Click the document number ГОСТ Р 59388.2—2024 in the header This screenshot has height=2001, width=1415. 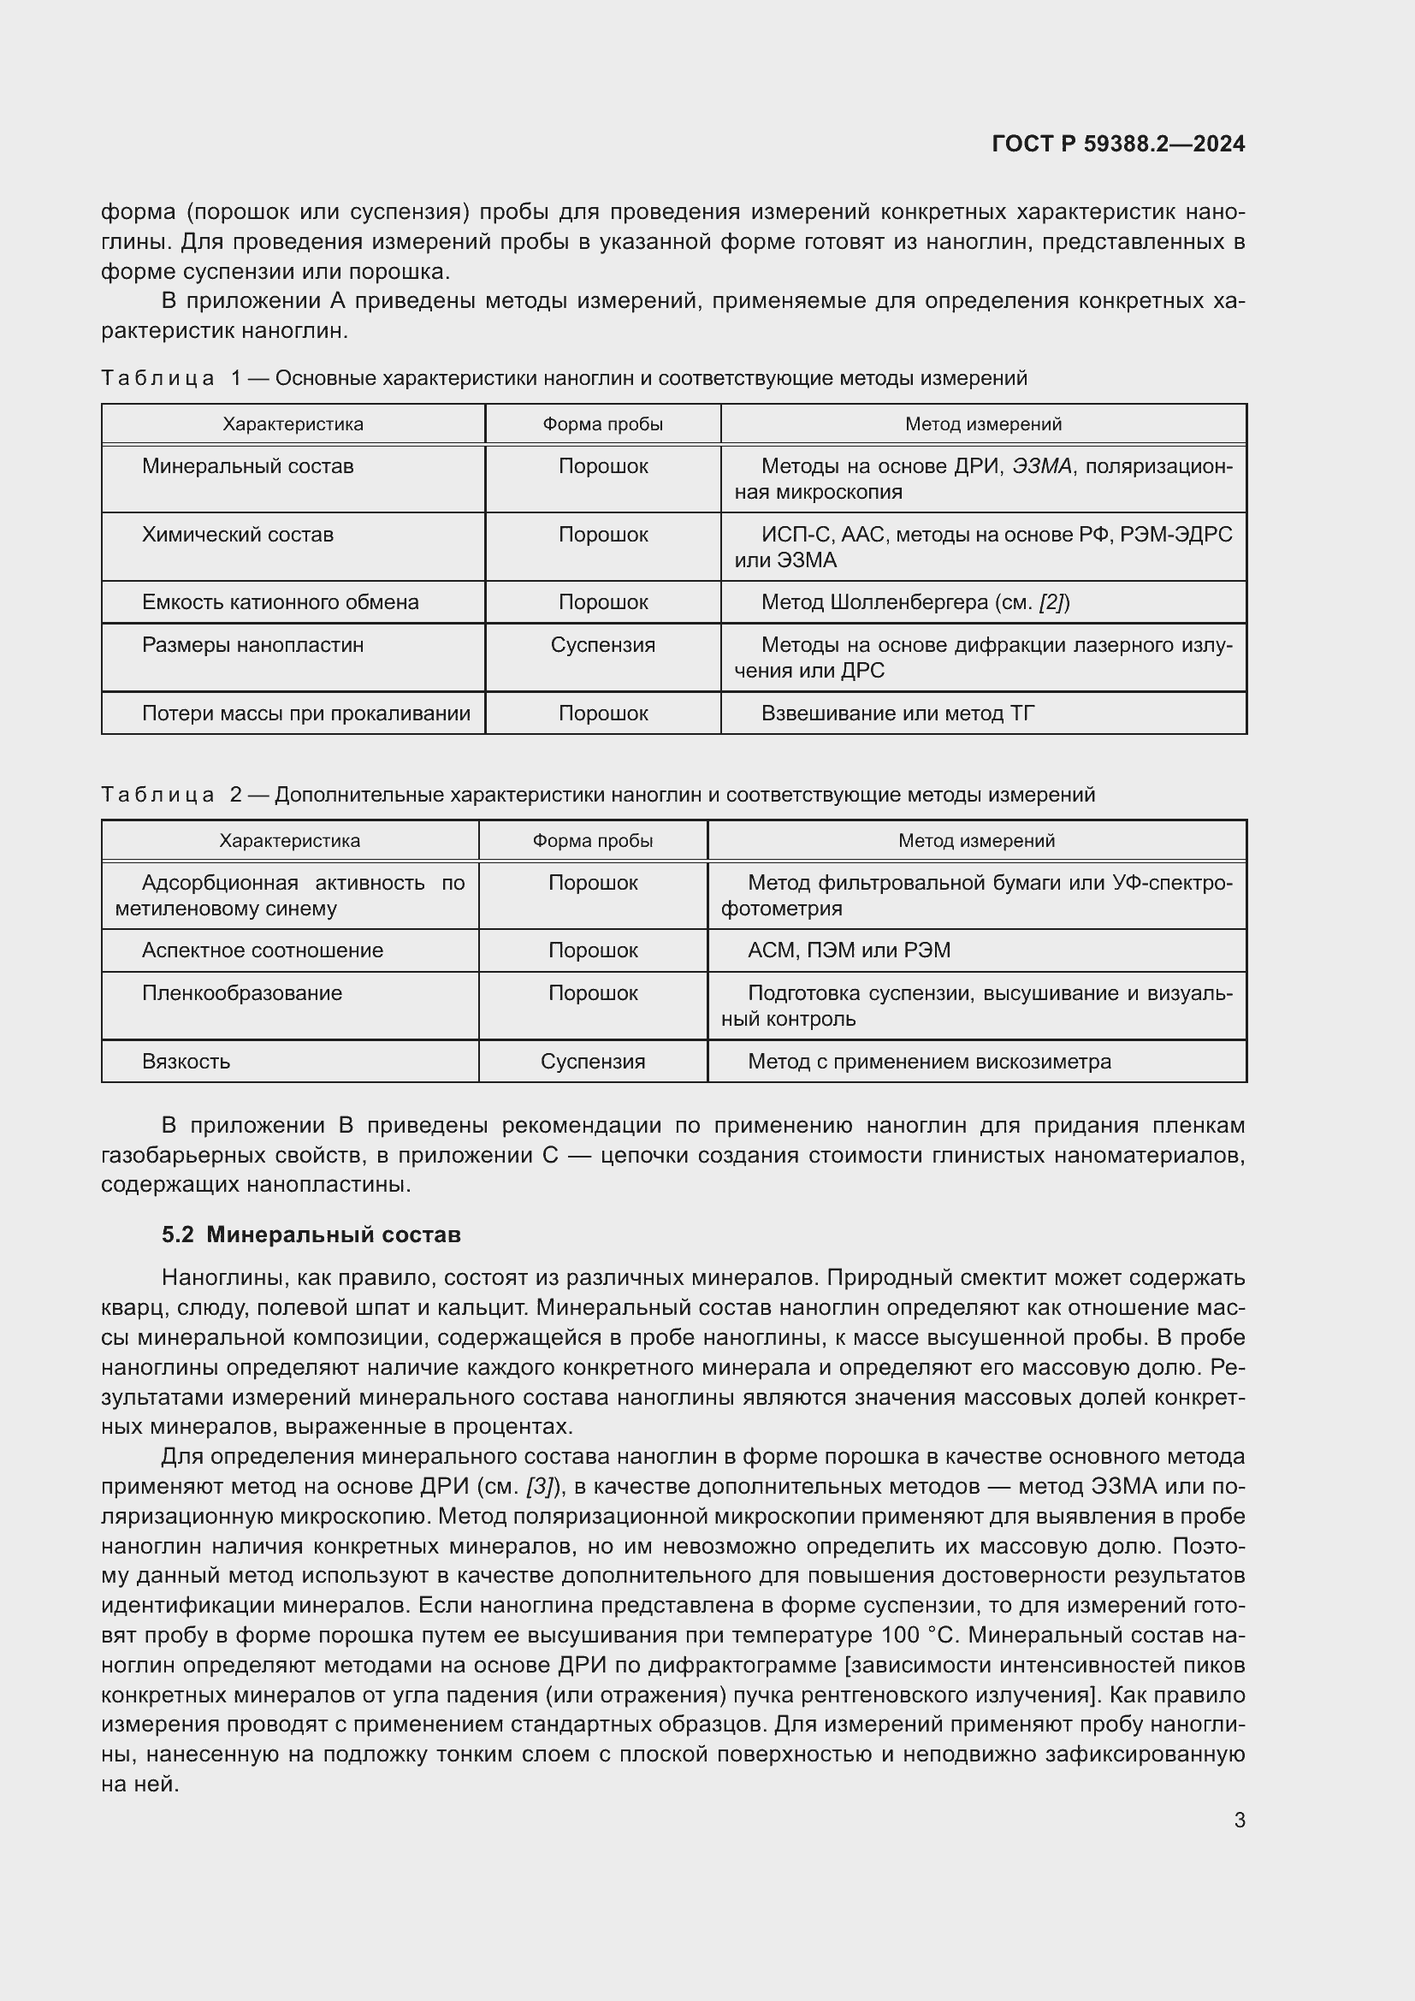coord(1118,144)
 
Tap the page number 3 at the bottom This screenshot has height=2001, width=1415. coord(1239,1820)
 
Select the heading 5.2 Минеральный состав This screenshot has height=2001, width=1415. coord(311,1234)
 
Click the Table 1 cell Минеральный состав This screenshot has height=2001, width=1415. coord(247,466)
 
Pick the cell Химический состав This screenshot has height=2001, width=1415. coord(237,534)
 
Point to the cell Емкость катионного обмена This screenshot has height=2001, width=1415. coord(280,602)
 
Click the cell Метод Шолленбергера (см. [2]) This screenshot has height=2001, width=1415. coord(915,602)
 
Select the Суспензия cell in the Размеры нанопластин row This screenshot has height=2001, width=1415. coord(602,645)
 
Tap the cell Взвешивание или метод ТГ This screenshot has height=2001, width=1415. coord(897,713)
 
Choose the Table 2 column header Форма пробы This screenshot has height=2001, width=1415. coord(593,840)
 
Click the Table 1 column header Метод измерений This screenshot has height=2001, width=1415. coord(983,424)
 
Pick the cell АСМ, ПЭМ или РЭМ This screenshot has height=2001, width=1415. coord(849,950)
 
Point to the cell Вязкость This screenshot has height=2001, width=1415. coord(186,1062)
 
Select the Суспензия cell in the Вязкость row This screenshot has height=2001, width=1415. coord(593,1062)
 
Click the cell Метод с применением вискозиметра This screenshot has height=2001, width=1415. coord(929,1062)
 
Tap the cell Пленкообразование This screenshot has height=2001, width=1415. coord(241,992)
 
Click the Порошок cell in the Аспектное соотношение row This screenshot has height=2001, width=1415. coord(593,950)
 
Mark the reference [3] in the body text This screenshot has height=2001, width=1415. coord(541,1486)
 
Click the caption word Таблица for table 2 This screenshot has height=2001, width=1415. coord(157,795)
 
